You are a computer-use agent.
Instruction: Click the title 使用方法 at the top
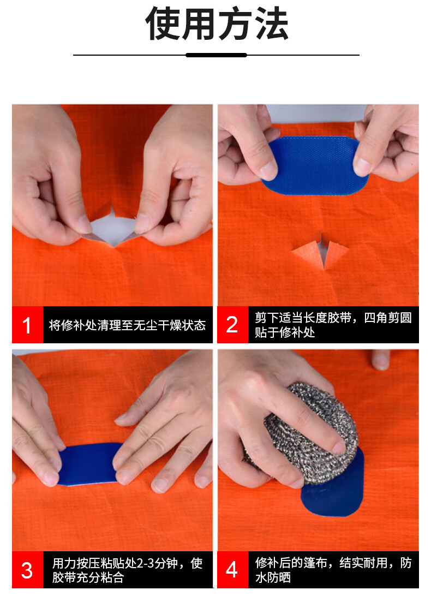(x=217, y=23)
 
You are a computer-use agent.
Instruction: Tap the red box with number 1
(x=27, y=325)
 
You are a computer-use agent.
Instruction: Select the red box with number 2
(x=232, y=325)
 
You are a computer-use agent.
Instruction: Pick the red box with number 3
(x=27, y=570)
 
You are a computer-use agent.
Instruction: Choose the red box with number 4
(x=232, y=570)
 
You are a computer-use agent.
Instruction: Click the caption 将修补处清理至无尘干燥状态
(x=127, y=325)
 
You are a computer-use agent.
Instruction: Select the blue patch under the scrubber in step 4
(x=333, y=490)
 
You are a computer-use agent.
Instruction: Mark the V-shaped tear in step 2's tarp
(x=321, y=251)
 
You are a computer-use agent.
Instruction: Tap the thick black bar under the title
(x=216, y=55)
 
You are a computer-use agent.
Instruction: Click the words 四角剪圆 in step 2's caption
(x=387, y=318)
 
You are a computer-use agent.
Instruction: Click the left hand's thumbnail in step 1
(x=85, y=224)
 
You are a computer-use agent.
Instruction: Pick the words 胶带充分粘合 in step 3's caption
(x=88, y=577)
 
